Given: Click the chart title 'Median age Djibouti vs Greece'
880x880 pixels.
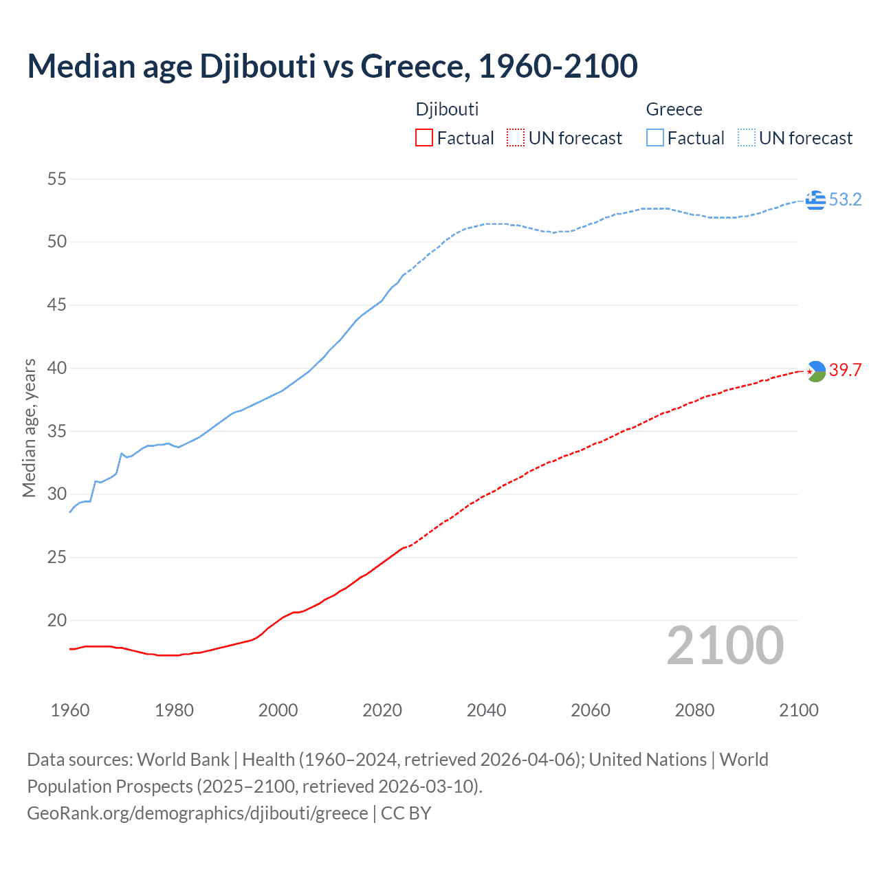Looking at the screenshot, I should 332,67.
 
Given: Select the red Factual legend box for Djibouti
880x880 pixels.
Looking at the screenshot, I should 424,138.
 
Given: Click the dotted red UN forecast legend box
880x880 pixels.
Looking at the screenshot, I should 516,138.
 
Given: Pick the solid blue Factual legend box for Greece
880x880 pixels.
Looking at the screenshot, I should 654,138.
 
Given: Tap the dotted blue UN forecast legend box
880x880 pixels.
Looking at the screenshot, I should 746,138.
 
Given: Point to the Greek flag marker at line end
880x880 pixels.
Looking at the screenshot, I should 815,200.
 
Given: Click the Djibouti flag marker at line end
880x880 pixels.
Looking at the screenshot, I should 815,371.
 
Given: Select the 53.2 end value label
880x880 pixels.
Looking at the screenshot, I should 845,200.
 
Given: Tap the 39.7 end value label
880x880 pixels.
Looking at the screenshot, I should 845,371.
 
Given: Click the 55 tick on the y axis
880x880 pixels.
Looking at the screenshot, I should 57,179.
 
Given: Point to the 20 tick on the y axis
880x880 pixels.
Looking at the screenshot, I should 57,621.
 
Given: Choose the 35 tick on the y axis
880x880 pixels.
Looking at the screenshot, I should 57,432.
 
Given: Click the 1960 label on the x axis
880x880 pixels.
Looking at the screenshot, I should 70,711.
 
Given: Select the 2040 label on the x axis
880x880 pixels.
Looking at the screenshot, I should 486,711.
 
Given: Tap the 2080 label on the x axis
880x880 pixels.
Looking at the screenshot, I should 694,711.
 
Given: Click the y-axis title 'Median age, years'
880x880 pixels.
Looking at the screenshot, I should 29,428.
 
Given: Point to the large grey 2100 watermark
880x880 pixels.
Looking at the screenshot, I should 725,646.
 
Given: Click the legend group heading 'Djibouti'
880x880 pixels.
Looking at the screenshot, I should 447,110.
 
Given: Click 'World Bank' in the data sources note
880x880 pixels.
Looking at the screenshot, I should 183,760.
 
